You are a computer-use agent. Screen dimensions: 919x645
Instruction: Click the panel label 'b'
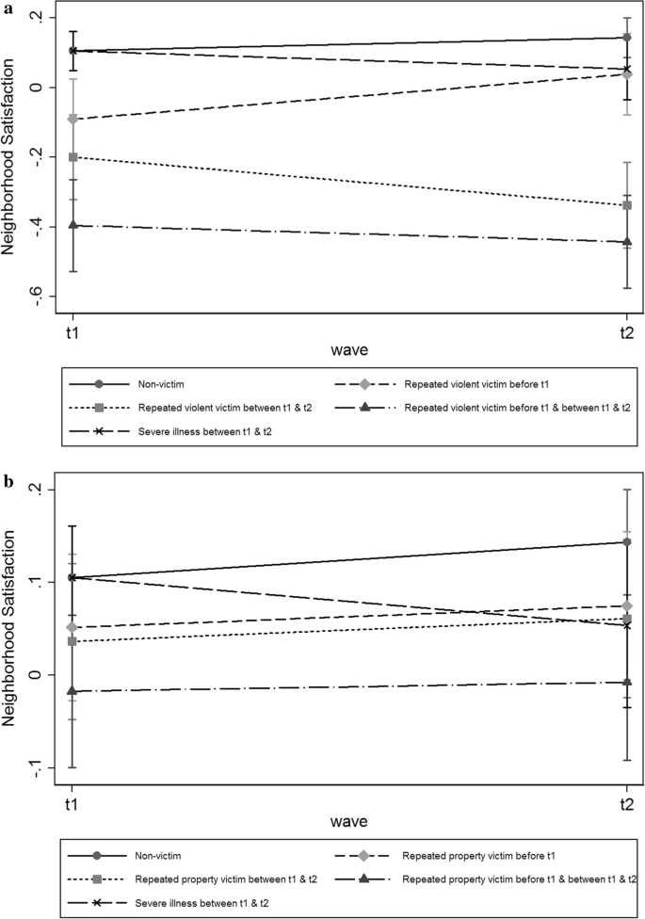(8, 481)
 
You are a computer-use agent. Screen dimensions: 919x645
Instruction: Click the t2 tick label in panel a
(625, 333)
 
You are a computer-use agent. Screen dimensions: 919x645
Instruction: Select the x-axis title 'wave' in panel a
(348, 350)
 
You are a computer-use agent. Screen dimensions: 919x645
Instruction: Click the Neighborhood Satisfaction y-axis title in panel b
(11, 628)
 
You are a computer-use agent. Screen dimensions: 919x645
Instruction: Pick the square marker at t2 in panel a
(626, 205)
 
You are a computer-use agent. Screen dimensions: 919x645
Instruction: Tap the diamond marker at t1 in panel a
(72, 120)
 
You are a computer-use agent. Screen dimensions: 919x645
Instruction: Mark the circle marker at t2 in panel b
(626, 542)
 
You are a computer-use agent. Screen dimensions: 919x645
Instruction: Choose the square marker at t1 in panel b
(72, 641)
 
